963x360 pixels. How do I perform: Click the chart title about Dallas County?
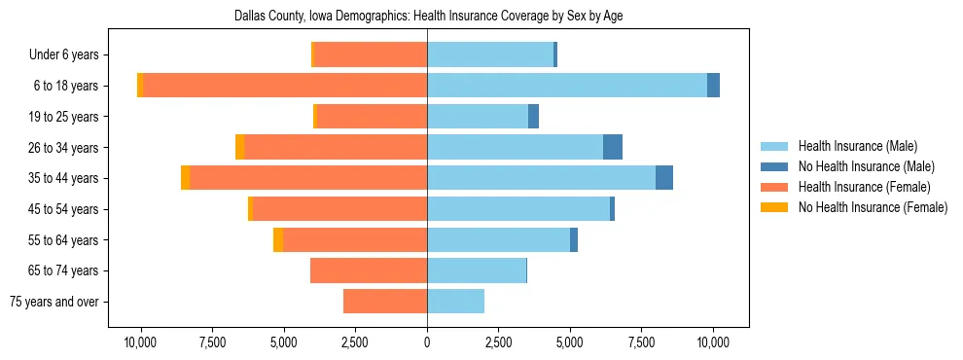(x=428, y=17)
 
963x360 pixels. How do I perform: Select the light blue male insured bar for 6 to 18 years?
(x=567, y=86)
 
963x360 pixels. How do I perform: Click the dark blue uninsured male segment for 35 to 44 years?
(x=664, y=178)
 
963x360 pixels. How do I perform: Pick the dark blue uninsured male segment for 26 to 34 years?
(x=613, y=147)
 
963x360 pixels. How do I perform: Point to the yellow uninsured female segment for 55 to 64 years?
(x=278, y=239)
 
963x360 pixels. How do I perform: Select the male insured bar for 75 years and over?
(x=455, y=302)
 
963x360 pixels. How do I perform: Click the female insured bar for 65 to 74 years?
(x=369, y=270)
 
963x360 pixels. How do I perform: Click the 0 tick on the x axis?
(x=427, y=342)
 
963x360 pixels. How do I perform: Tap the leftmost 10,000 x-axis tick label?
(x=141, y=342)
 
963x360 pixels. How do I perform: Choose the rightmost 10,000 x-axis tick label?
(x=713, y=342)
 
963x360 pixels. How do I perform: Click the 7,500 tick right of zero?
(x=641, y=342)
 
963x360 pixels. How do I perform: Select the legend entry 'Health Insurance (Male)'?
(x=857, y=146)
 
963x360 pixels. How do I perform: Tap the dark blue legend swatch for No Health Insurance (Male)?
(x=774, y=166)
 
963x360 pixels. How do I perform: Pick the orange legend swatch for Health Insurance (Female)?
(x=774, y=187)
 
